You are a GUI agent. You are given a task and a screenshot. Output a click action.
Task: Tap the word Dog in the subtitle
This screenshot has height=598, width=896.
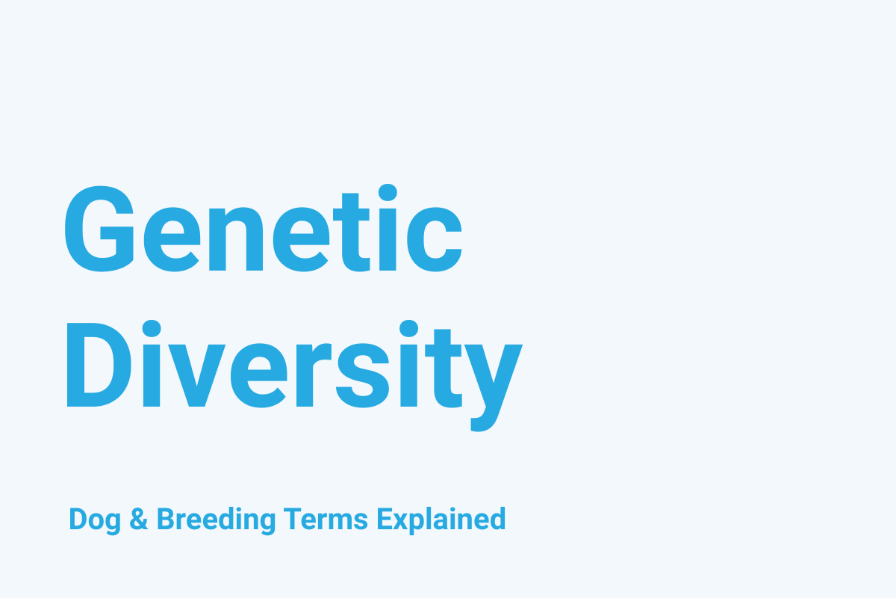click(x=95, y=520)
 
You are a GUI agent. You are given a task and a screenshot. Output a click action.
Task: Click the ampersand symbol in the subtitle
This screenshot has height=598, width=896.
click(x=139, y=519)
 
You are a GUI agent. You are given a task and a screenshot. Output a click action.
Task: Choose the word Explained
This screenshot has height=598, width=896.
click(x=441, y=520)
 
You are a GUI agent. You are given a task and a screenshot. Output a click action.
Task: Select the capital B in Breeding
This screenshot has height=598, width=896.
click(x=164, y=519)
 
